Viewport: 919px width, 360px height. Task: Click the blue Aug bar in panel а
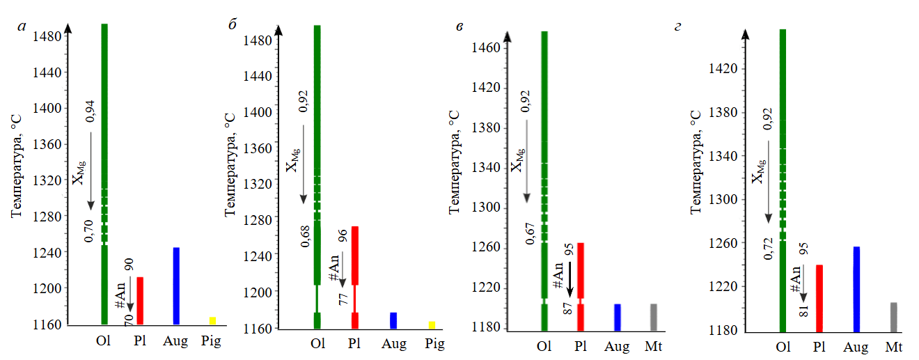tap(176, 285)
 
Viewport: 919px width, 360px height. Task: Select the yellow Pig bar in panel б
tap(432, 324)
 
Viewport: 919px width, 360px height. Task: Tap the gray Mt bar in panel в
tap(653, 317)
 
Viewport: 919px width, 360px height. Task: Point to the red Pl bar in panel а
tap(140, 300)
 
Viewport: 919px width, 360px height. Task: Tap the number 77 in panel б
tap(343, 299)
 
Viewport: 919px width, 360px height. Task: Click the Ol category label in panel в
tap(544, 346)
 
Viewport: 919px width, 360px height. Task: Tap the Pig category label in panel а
tap(210, 342)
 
